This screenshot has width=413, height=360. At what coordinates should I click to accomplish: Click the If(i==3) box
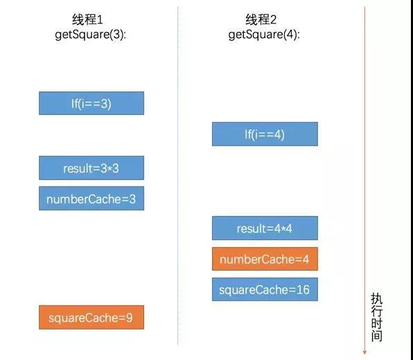tap(91, 103)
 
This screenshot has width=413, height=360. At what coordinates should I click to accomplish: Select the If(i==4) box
tap(265, 134)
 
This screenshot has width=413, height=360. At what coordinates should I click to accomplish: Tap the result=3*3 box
tap(91, 168)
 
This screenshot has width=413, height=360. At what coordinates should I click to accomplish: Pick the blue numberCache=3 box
tap(91, 199)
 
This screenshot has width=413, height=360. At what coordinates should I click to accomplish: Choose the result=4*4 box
tap(265, 228)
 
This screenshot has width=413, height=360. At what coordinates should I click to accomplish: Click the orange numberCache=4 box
tap(265, 259)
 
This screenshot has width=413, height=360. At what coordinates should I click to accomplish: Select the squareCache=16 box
tap(265, 289)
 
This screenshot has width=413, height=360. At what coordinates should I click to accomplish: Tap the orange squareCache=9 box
tap(91, 317)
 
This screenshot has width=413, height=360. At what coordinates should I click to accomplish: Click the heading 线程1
tap(87, 19)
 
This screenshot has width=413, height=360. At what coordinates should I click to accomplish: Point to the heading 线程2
tap(261, 19)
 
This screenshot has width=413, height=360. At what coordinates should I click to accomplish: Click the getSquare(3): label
tap(90, 35)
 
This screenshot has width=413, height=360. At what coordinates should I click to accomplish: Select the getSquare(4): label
tap(264, 35)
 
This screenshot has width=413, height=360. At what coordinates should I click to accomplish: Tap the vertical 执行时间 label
tap(377, 317)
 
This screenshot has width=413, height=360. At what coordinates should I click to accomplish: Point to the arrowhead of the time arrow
tap(364, 352)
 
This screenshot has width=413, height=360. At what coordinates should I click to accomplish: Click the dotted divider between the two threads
tap(178, 176)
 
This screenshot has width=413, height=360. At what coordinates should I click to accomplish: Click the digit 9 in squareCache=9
tap(130, 318)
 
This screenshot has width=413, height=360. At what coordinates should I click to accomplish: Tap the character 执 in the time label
tap(377, 298)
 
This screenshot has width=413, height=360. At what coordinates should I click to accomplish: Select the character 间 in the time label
tap(377, 336)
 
